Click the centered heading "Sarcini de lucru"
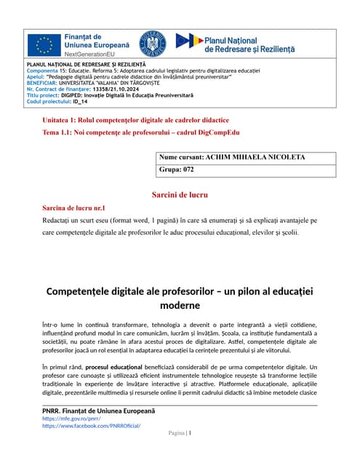coord(180,195)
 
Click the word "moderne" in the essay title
coord(180,305)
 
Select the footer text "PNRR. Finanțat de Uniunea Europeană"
coord(102,412)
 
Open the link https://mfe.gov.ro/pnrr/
coord(70,419)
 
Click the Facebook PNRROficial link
coord(92,426)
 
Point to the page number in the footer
coord(189,433)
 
